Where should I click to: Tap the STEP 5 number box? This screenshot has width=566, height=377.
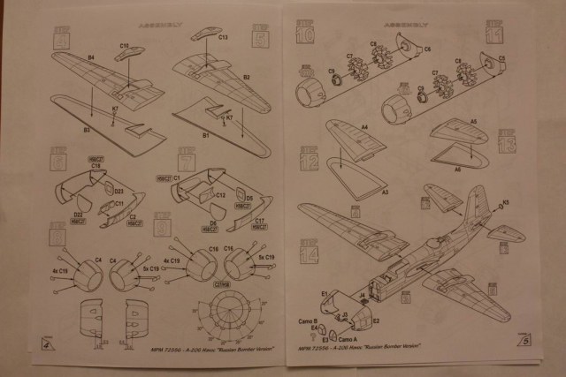260,36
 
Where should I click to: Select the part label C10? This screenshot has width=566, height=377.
125,43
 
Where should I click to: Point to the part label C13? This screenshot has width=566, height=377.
223,37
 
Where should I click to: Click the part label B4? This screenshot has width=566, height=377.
91,59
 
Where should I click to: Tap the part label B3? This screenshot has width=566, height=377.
87,130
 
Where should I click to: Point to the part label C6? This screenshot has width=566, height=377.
427,49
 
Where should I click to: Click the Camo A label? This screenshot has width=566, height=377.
348,342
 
